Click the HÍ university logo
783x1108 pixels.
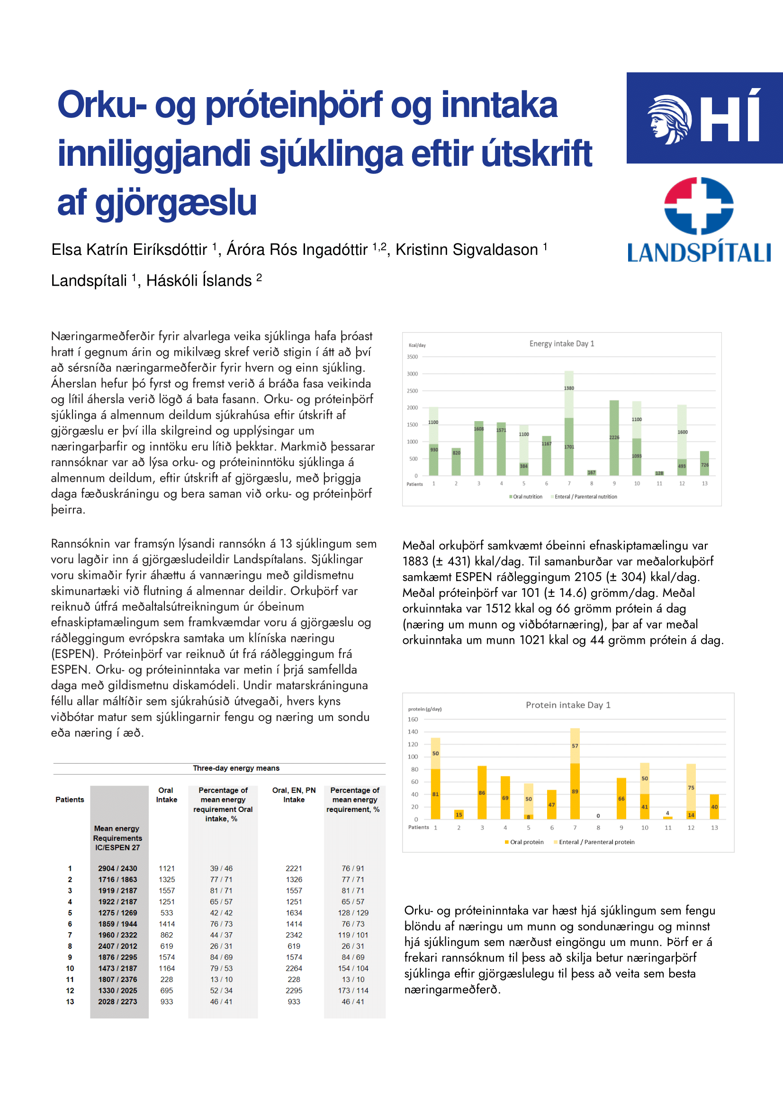(x=704, y=118)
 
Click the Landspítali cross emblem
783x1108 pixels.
(x=699, y=206)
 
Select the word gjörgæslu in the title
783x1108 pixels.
(x=176, y=203)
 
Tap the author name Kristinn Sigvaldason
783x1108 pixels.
(x=467, y=250)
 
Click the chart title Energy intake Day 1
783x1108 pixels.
(x=562, y=343)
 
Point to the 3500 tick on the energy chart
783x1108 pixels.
(x=412, y=357)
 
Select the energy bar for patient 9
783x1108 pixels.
(x=614, y=438)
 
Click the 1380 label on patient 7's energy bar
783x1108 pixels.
(x=569, y=388)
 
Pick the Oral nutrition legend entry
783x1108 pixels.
(x=526, y=496)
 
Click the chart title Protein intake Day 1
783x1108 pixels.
(x=568, y=705)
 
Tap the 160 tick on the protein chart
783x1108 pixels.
(x=413, y=720)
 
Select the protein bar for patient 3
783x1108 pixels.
(x=482, y=793)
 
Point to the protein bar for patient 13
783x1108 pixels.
(x=714, y=807)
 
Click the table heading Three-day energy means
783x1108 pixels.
(x=236, y=768)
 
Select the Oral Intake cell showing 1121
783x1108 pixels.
(x=166, y=868)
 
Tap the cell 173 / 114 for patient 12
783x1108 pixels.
(x=353, y=991)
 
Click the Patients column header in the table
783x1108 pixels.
(x=70, y=800)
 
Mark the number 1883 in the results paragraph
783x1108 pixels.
(x=415, y=561)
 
